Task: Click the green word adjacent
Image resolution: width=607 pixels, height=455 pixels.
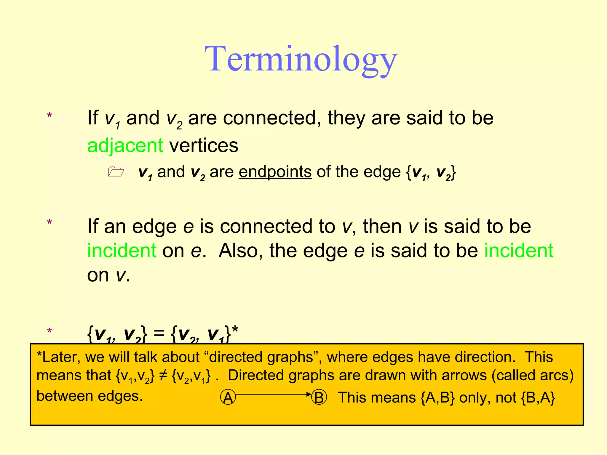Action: click(125, 146)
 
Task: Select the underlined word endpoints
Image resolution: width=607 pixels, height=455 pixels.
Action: click(275, 172)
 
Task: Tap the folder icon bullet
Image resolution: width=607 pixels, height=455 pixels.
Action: click(116, 172)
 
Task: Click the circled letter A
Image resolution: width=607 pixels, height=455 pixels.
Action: click(228, 398)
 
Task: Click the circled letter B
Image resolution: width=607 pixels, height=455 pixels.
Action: click(319, 398)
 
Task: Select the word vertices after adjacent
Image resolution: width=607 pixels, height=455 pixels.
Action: click(204, 146)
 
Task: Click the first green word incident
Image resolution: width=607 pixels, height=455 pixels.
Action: click(122, 251)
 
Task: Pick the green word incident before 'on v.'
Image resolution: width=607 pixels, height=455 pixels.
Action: click(519, 251)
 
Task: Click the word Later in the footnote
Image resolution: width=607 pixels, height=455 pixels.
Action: click(61, 357)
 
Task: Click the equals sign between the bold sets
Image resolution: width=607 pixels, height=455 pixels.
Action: click(159, 333)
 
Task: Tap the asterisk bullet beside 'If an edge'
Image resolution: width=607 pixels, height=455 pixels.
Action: click(49, 223)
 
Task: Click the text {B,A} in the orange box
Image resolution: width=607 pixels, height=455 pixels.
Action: click(538, 398)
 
